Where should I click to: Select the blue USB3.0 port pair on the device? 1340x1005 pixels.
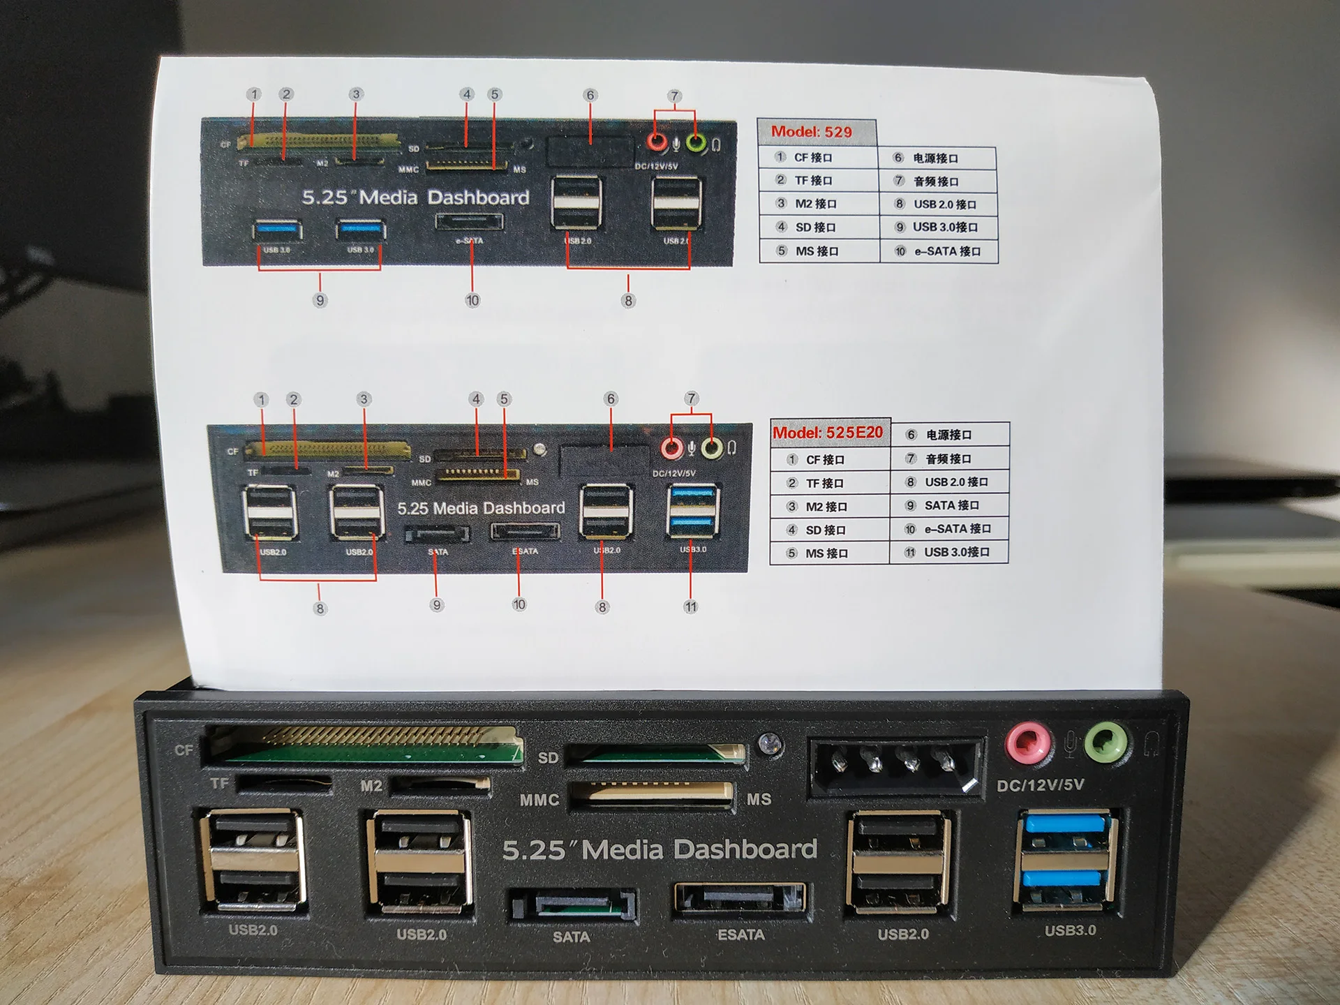[1065, 860]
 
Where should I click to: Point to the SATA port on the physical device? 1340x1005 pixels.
[572, 905]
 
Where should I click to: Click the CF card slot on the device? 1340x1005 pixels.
[363, 745]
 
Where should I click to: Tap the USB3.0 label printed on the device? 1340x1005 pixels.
[1070, 930]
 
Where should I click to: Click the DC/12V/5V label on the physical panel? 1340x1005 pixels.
[1040, 785]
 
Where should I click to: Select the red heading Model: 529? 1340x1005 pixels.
[811, 132]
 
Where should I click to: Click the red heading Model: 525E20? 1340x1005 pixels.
[828, 433]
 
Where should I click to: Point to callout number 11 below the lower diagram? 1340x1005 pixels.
[690, 606]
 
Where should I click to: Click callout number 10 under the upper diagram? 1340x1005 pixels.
[472, 301]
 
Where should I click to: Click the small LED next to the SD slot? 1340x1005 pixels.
[770, 743]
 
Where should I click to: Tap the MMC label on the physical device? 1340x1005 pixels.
[539, 800]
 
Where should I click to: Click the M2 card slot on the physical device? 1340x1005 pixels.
[440, 784]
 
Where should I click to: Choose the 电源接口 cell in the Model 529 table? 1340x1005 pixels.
[935, 158]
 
